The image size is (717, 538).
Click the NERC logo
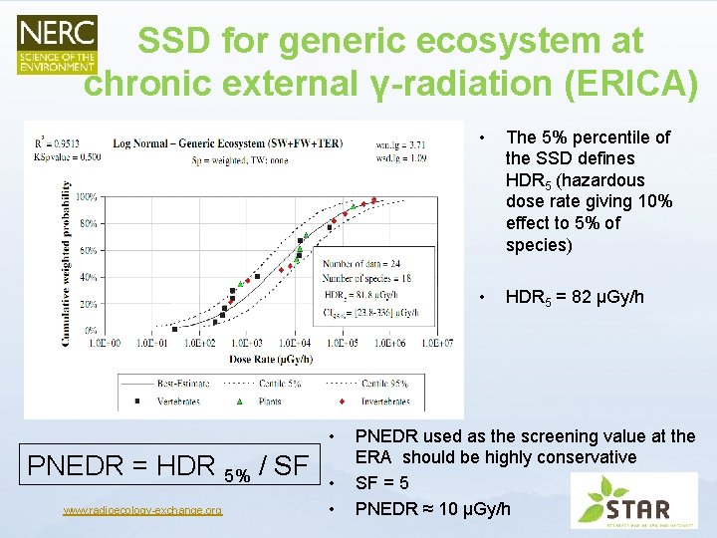coord(58,44)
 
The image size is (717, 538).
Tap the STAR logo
coord(634,500)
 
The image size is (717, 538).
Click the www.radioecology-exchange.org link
coord(142,510)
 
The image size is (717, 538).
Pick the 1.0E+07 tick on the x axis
coord(436,343)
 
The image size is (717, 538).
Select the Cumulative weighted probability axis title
coord(67,263)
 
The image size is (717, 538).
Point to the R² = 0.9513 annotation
coord(56,143)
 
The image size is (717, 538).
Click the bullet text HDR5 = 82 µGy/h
coord(574,298)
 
